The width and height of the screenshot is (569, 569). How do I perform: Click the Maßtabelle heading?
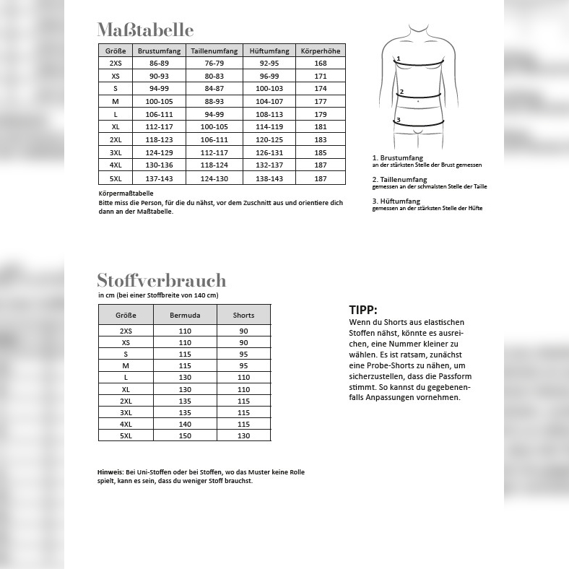145,30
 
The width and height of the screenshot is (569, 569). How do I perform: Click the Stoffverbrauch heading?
161,280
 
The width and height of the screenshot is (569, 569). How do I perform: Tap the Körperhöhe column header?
321,51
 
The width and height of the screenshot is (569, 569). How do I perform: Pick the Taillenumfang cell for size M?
214,102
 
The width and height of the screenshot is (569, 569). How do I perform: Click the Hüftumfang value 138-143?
269,178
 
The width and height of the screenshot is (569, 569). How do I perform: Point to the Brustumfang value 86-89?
159,64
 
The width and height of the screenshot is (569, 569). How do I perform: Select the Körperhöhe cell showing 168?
321,64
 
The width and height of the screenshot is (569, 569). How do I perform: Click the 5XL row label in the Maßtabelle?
116,178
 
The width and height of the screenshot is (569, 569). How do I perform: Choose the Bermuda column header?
185,315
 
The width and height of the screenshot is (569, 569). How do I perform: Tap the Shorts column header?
243,315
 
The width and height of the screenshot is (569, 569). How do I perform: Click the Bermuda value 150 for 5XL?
185,436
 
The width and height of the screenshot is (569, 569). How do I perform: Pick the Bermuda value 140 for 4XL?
185,425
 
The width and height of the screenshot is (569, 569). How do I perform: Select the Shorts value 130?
243,436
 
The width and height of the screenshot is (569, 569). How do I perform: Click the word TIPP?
363,310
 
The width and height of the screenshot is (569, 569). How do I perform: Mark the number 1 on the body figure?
398,58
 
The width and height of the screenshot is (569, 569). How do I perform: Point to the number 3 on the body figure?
398,120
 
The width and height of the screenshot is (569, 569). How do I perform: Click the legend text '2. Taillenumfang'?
399,179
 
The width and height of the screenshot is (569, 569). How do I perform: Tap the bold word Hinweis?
110,472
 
